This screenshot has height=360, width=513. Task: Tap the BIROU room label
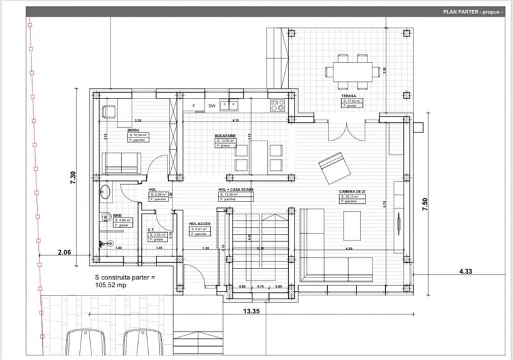tap(134, 130)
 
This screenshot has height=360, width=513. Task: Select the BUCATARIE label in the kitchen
tap(226, 136)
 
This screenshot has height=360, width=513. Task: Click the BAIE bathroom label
tap(118, 215)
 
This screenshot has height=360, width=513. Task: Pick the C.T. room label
tap(152, 230)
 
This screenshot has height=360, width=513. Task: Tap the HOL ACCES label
tap(199, 224)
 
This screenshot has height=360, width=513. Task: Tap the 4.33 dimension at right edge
tap(466, 272)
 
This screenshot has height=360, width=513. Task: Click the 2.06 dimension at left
tap(64, 253)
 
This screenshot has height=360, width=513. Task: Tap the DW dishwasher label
tap(211, 106)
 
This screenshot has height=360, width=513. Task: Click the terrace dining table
tap(353, 70)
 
